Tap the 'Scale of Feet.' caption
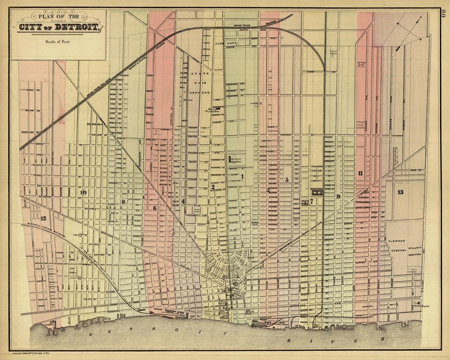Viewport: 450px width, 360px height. [57, 42]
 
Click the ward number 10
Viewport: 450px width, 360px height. [83, 193]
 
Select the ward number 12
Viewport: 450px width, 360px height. [43, 218]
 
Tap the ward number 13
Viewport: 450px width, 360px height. [400, 192]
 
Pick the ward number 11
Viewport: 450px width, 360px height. [360, 173]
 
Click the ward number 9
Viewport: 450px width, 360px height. [338, 196]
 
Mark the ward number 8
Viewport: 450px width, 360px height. [123, 201]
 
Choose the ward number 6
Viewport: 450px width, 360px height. [154, 208]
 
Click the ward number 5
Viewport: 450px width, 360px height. [286, 180]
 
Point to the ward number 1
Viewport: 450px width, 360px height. [241, 176]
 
